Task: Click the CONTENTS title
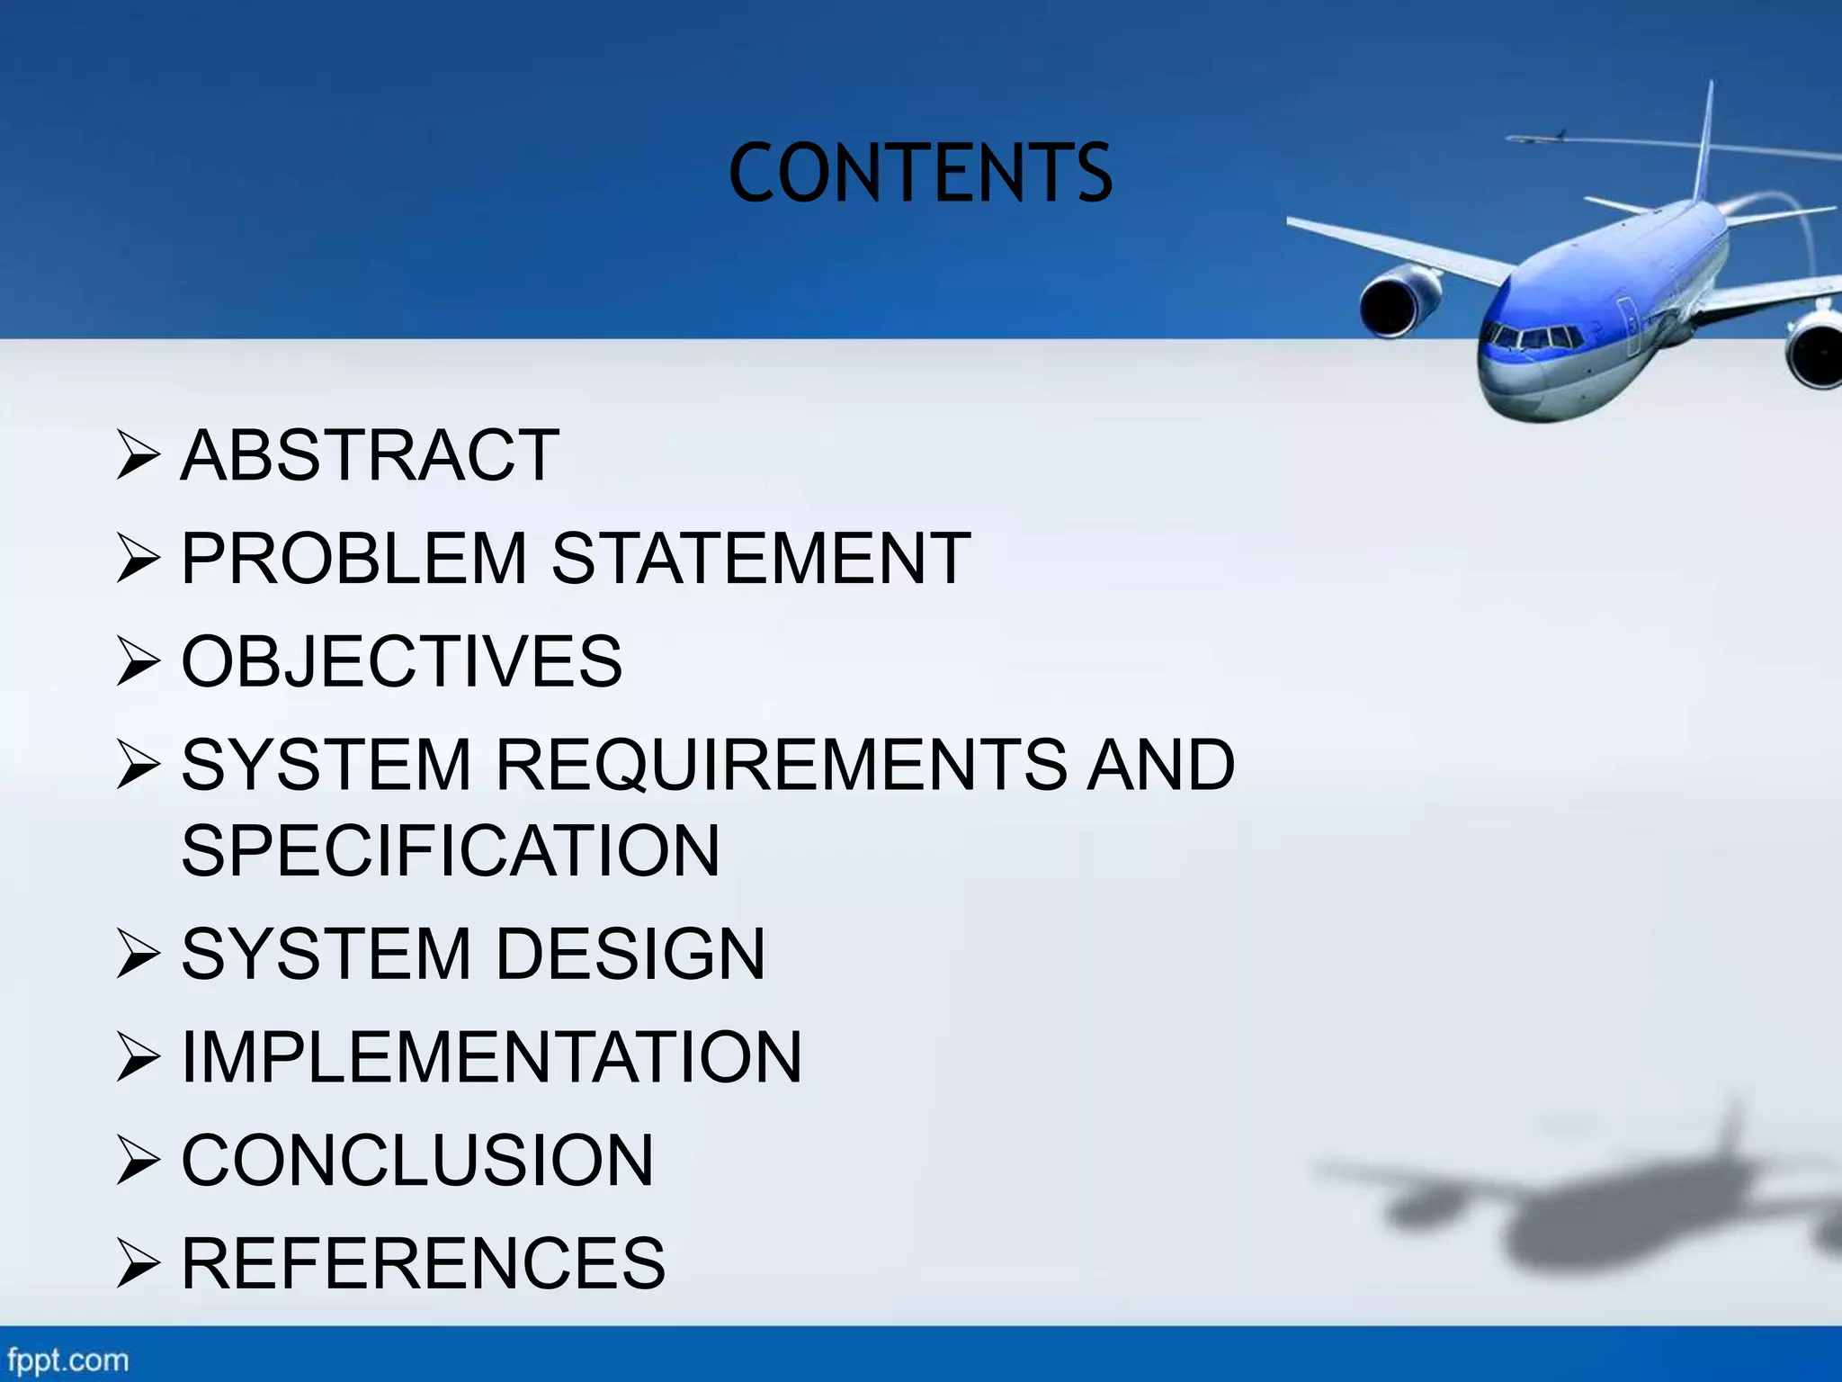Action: pos(920,173)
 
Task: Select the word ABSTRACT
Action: pos(370,455)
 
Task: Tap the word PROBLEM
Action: pos(353,559)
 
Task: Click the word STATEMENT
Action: pos(761,559)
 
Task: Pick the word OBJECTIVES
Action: pos(401,661)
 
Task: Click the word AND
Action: pos(1161,765)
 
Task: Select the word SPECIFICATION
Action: pos(451,850)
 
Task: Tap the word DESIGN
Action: pos(630,954)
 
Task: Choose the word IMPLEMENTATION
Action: pos(491,1056)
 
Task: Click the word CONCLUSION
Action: pos(417,1160)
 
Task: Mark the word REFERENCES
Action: pos(423,1263)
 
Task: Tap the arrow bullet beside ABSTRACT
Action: pos(138,456)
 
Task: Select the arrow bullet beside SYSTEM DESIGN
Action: pos(138,955)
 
